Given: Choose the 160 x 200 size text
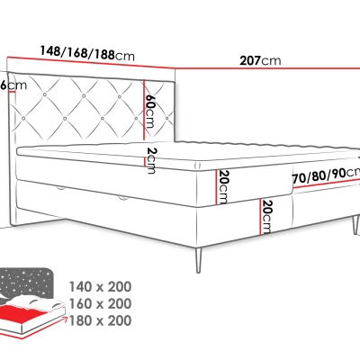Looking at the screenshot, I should pos(99,302).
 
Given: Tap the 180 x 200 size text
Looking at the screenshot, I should pos(99,320).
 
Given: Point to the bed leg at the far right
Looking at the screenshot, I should pos(349,229).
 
